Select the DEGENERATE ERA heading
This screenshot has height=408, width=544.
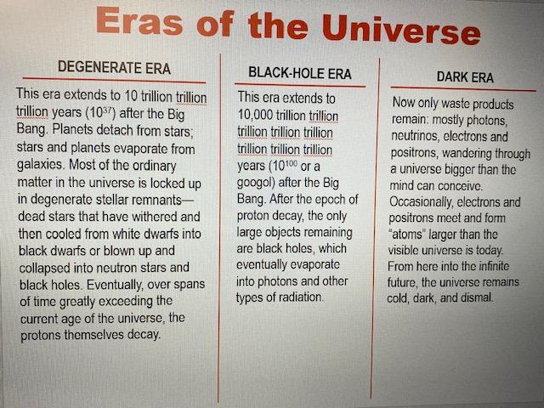(x=114, y=67)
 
